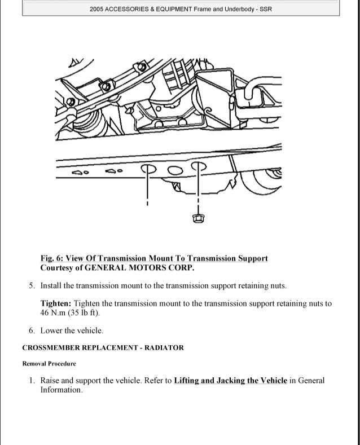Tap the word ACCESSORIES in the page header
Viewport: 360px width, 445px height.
pos(129,10)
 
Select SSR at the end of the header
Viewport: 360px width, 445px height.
pos(265,10)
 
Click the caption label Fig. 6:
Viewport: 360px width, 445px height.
pos(54,258)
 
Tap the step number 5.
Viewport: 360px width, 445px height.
pos(32,286)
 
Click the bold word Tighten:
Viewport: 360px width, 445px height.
pos(56,303)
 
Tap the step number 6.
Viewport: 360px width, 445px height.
pos(32,331)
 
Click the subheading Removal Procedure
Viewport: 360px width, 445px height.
pos(49,364)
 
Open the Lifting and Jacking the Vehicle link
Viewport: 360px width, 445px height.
pos(230,381)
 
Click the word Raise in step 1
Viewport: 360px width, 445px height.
pos(51,381)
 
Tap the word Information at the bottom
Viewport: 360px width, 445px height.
pos(61,390)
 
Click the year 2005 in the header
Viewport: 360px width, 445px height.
pos(97,10)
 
